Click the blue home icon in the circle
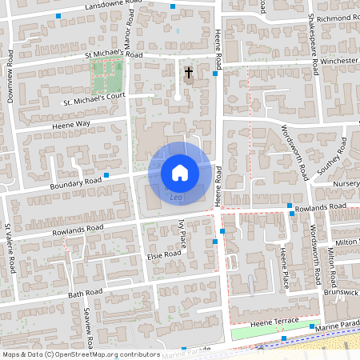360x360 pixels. tap(180, 172)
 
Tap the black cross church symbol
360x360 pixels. tap(189, 72)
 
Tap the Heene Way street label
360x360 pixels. tap(71, 125)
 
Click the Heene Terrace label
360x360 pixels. tap(274, 321)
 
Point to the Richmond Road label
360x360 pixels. tap(336, 18)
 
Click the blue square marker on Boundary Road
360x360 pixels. tap(106, 174)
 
